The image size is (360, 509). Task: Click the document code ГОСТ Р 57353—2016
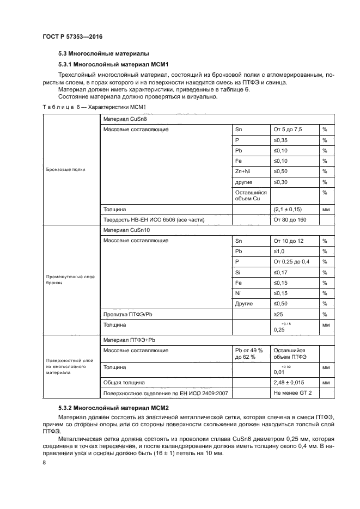72,36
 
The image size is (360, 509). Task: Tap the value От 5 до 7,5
288,130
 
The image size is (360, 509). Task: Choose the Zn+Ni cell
242,171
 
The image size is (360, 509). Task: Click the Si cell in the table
238,272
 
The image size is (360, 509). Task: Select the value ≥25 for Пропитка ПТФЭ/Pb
279,314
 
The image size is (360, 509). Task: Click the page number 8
44,462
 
